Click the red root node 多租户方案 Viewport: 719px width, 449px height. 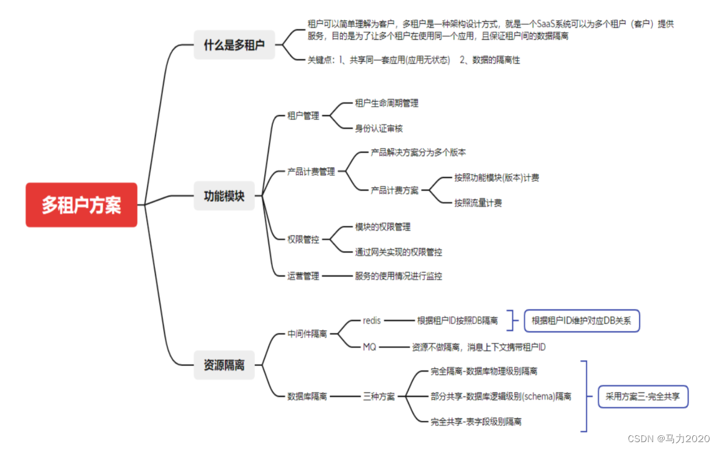[81, 205]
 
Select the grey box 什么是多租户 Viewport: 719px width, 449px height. [234, 45]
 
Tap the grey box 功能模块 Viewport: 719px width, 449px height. [224, 196]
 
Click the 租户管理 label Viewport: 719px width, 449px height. [303, 116]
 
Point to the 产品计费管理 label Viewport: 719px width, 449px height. [311, 172]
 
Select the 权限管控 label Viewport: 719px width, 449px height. [303, 239]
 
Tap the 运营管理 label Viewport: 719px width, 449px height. [303, 276]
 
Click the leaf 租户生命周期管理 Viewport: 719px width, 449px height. [387, 103]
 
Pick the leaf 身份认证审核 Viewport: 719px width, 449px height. [379, 128]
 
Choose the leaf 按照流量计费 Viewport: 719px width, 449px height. [478, 202]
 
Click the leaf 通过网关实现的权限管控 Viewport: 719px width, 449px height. [399, 252]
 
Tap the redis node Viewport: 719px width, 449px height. [372, 320]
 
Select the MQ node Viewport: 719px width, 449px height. [369, 347]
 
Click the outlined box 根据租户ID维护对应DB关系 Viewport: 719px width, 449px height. [582, 321]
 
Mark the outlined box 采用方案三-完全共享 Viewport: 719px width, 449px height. [643, 396]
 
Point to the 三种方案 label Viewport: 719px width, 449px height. [379, 397]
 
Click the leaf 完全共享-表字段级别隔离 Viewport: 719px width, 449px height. [476, 422]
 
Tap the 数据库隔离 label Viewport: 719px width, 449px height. [307, 397]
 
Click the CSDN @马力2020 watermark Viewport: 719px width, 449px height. [670, 438]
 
